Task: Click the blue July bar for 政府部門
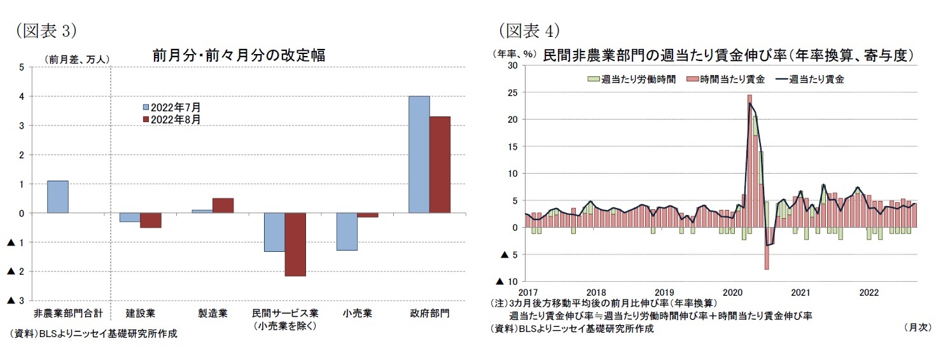pos(419,155)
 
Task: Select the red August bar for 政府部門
pos(440,165)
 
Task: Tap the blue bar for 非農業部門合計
pos(58,197)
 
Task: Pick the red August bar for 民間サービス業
pos(295,245)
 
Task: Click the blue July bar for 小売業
pos(347,232)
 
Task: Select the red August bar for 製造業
pos(223,205)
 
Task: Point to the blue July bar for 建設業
pos(130,218)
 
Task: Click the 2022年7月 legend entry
pos(171,107)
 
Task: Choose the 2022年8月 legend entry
pos(171,119)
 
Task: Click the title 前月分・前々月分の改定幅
pos(239,55)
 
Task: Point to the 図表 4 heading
pos(528,30)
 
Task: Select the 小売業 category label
pos(357,314)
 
